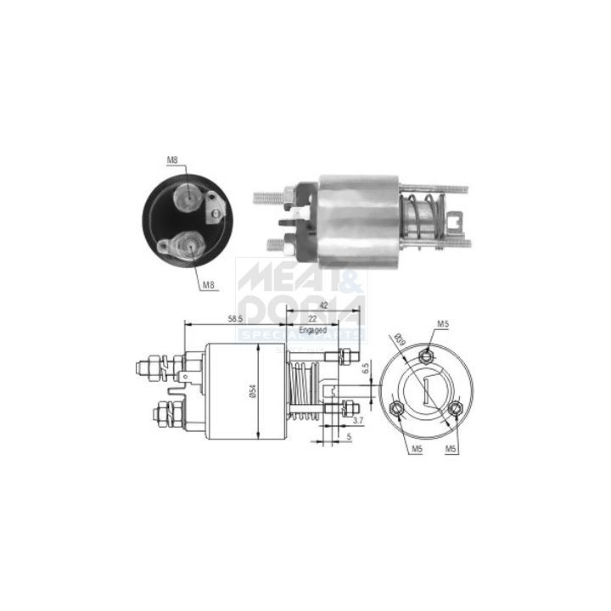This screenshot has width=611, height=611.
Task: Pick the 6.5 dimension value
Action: [365, 370]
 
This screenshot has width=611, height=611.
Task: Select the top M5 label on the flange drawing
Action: [442, 323]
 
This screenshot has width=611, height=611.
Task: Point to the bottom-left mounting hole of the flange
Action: [398, 410]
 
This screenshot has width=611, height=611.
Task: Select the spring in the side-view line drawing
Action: [306, 391]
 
